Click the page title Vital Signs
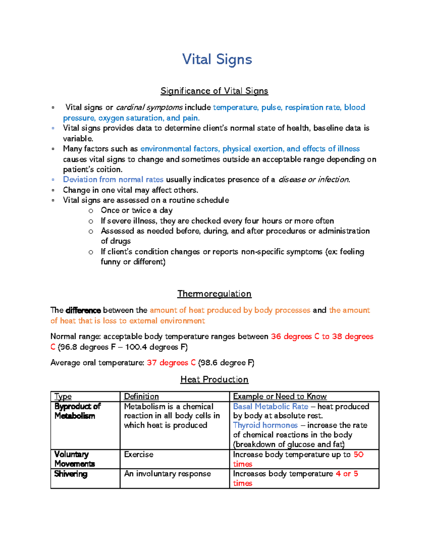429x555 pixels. [x=217, y=59]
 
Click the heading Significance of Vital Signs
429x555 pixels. [x=214, y=91]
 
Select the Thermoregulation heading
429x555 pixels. [x=214, y=294]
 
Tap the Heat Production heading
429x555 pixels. [x=214, y=380]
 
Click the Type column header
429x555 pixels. [x=63, y=396]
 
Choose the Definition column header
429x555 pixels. [x=141, y=396]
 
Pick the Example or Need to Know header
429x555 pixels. [x=280, y=396]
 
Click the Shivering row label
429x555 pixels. [x=71, y=474]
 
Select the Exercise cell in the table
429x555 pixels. [x=139, y=455]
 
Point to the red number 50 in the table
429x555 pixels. [x=359, y=455]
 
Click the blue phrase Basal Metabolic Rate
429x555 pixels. [x=271, y=407]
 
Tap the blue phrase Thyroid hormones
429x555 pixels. [x=265, y=425]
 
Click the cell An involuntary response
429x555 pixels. [x=167, y=474]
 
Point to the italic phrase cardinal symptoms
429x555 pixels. [x=149, y=108]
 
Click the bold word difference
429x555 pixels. [x=83, y=310]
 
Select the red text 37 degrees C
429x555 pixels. [x=171, y=363]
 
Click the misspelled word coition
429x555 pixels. [x=111, y=169]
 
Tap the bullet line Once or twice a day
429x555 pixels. [x=137, y=210]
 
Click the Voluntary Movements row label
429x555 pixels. [x=74, y=459]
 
